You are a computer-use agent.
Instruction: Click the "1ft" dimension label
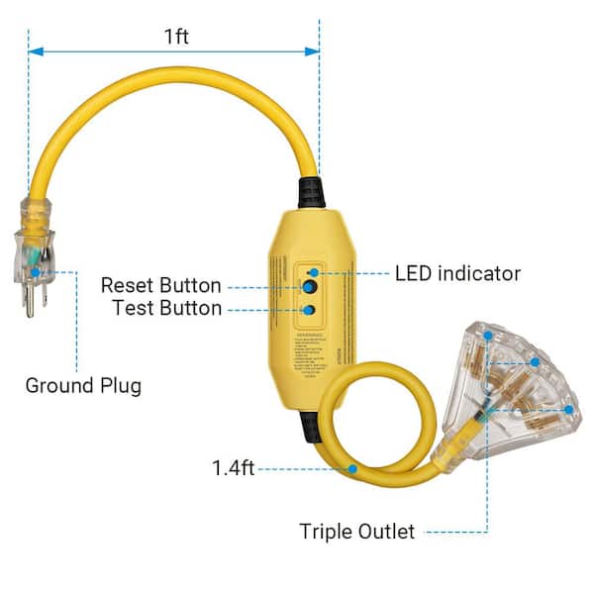pos(176,38)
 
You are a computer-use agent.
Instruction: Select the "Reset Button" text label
pos(161,286)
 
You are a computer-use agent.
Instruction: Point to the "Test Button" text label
pos(165,309)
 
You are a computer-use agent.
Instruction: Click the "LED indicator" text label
pos(457,272)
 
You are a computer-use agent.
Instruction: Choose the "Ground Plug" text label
pos(83,384)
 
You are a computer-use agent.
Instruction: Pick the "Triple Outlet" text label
pos(356,532)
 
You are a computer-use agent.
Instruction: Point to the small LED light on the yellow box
pos(313,271)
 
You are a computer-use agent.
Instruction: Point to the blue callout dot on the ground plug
pos(36,268)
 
